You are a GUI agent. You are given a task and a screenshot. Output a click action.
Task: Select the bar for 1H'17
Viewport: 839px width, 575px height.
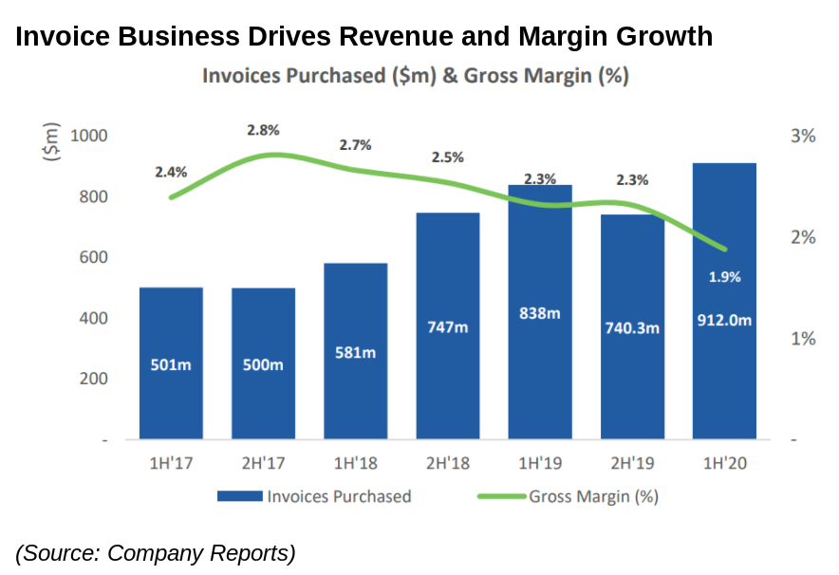coord(171,362)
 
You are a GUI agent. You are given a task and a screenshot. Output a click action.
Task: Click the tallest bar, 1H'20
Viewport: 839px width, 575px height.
coord(724,301)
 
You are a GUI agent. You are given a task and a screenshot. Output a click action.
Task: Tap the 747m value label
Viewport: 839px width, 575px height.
coord(447,327)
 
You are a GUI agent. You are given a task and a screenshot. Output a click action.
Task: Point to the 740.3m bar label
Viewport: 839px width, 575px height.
coord(632,327)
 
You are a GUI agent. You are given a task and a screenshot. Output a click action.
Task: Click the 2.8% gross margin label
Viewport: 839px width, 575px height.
coord(263,130)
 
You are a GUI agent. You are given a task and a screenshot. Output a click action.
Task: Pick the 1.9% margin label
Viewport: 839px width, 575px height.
coord(724,277)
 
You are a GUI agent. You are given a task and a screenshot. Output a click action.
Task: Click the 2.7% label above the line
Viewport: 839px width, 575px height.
coord(355,145)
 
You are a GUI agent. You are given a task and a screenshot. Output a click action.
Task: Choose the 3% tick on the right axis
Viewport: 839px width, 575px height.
coord(803,137)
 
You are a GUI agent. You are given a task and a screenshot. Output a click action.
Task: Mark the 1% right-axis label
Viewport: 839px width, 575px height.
coord(803,339)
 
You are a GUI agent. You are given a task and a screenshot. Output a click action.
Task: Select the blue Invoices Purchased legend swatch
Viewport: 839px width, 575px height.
coord(239,496)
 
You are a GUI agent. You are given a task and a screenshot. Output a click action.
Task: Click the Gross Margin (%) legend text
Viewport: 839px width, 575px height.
coord(593,496)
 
